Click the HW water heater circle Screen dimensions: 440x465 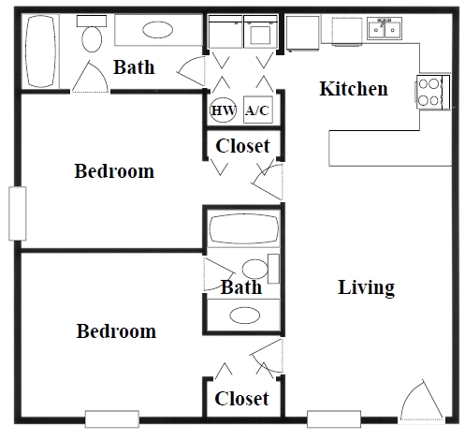point(223,110)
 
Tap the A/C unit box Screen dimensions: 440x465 point(256,110)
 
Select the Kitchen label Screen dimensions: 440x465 point(354,90)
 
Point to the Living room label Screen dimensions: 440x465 point(366,287)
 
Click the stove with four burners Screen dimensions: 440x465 point(430,93)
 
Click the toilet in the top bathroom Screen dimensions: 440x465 point(92,37)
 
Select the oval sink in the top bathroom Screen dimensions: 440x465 point(156,31)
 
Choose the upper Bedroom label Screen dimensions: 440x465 point(114,171)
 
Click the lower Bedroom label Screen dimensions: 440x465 point(116,331)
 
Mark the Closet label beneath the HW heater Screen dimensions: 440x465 point(242,146)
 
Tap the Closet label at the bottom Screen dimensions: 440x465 point(241,399)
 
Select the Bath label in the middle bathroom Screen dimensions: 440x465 point(240,287)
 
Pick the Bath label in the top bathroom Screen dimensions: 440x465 point(134,67)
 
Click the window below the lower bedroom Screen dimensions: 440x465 point(112,418)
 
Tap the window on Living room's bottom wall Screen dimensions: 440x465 point(333,418)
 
